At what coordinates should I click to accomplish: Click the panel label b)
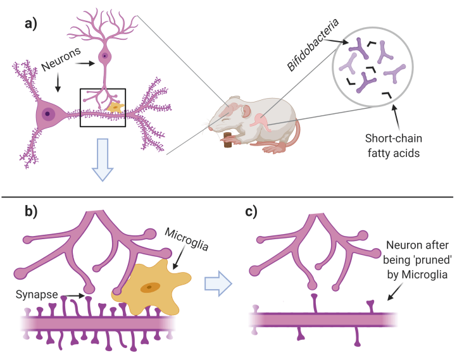(x=30, y=211)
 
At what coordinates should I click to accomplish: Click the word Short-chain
(x=389, y=139)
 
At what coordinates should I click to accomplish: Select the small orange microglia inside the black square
(x=115, y=108)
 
